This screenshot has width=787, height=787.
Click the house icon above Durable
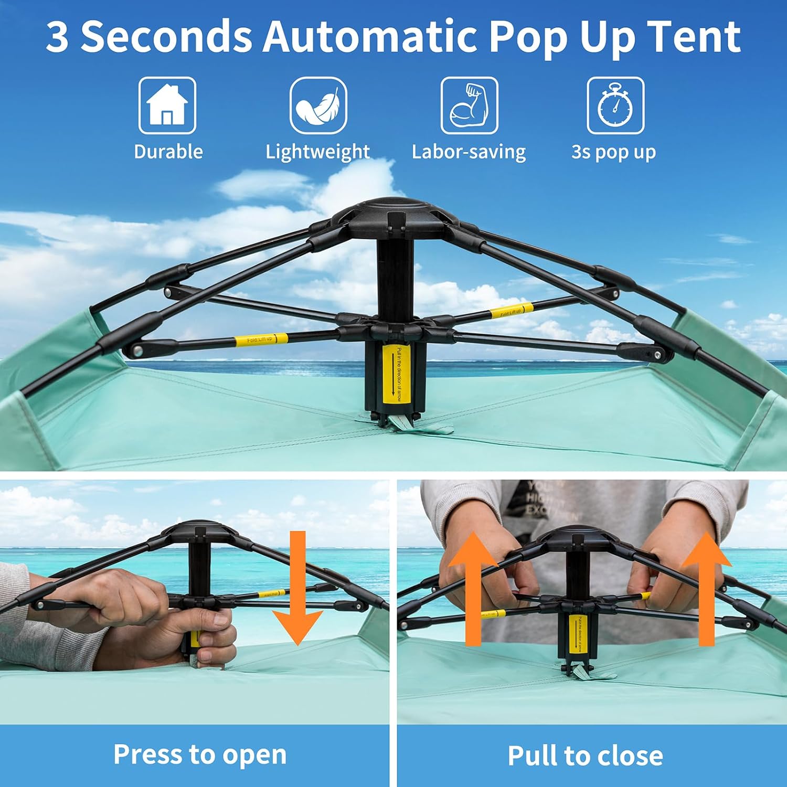(x=167, y=105)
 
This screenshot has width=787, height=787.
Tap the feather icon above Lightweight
(x=318, y=105)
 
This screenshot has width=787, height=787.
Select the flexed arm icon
(x=469, y=105)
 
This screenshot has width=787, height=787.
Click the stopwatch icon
(x=615, y=105)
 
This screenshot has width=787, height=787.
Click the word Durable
(x=168, y=152)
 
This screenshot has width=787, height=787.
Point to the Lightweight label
(x=317, y=152)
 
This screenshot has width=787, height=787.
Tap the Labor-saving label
(x=469, y=152)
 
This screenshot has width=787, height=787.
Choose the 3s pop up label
(x=613, y=152)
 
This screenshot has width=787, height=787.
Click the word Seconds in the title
(x=166, y=37)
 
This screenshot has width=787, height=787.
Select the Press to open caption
(x=200, y=754)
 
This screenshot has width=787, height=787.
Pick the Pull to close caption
(x=585, y=756)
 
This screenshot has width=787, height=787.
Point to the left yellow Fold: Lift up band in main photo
(x=261, y=339)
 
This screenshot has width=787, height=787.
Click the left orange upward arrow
(x=473, y=588)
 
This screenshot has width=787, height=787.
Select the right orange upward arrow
(x=706, y=588)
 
